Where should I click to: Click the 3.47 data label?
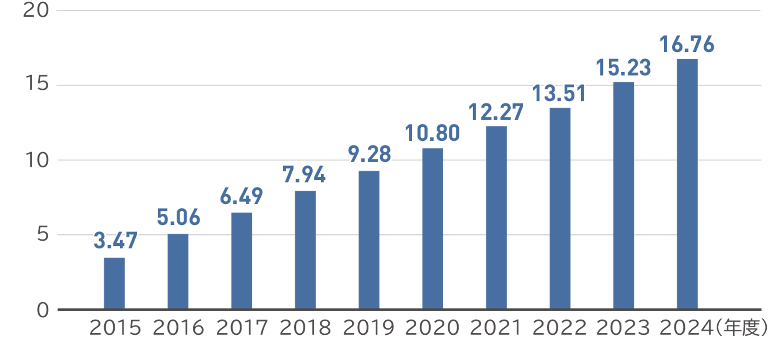(115, 241)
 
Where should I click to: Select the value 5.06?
(179, 217)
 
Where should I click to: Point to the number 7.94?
(304, 175)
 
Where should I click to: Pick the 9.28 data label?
(369, 154)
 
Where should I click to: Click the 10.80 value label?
(432, 133)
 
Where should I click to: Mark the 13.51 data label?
(559, 93)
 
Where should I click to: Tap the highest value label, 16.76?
(687, 44)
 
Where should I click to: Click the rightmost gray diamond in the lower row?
(655, 235)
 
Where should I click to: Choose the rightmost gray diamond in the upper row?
(655, 160)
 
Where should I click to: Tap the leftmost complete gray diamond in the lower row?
(273, 235)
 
